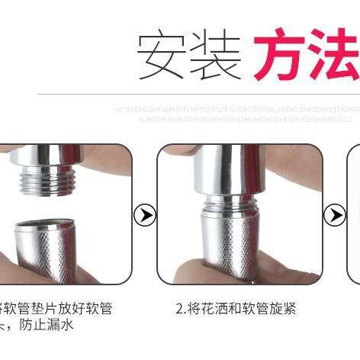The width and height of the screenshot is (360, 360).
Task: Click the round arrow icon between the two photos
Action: point(143,215)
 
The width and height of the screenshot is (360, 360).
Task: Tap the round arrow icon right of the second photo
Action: point(334,215)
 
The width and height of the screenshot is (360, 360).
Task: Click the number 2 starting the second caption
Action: point(178,309)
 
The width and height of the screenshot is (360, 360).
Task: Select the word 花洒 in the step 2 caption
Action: point(209,309)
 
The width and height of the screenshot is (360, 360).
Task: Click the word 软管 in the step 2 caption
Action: point(246,309)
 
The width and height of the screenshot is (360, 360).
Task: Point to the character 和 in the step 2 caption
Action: point(227,309)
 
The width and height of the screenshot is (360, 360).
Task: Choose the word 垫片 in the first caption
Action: point(43,309)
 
